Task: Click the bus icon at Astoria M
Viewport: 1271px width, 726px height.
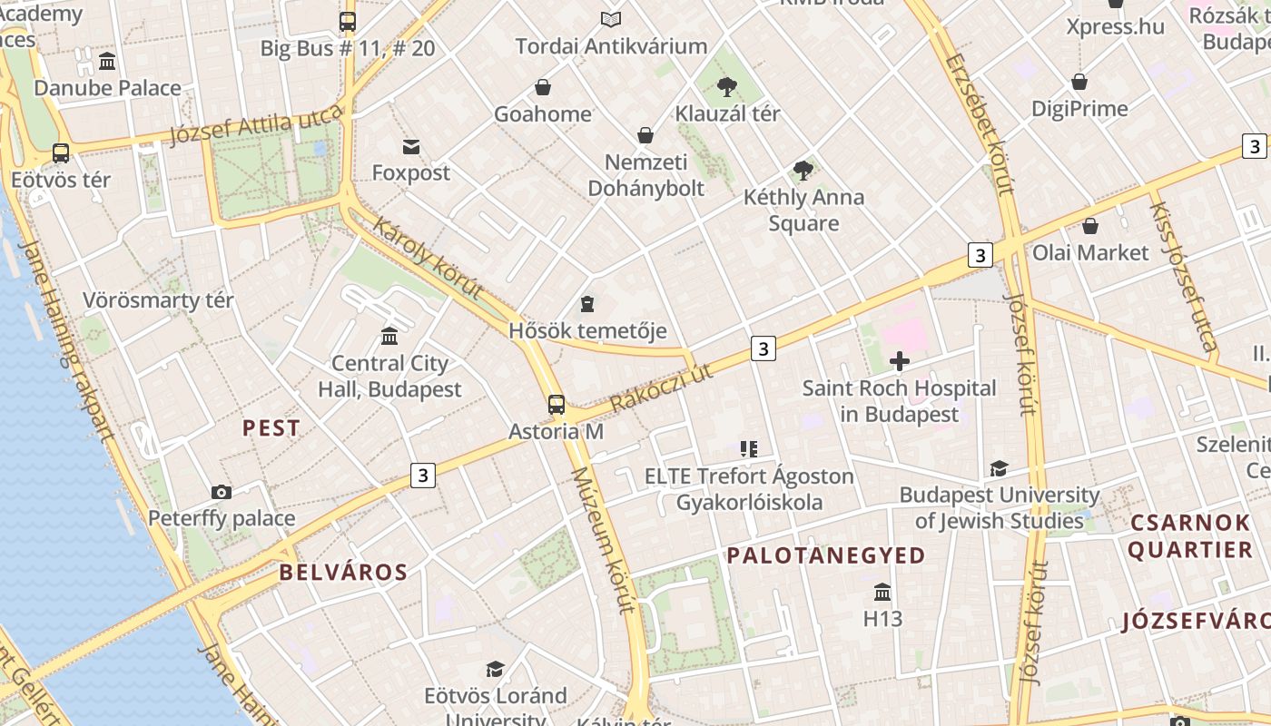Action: click(x=557, y=405)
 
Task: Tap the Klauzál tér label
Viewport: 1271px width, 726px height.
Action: click(x=727, y=113)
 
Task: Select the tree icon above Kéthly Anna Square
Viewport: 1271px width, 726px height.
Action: click(x=803, y=170)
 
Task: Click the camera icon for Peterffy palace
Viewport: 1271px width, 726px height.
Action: click(x=221, y=492)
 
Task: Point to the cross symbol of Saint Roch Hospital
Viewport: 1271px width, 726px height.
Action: click(x=900, y=361)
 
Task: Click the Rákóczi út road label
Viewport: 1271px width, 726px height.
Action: click(x=662, y=384)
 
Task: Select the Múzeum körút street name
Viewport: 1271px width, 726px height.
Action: click(x=603, y=540)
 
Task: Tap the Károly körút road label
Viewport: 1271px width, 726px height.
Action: click(x=427, y=259)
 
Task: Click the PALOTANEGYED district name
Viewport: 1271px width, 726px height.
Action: click(x=826, y=555)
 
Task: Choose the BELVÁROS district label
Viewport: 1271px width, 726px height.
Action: click(x=343, y=572)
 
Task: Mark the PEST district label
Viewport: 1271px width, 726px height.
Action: click(x=271, y=428)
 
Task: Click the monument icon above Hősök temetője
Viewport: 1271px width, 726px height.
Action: click(x=587, y=303)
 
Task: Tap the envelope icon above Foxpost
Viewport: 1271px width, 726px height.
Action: click(x=411, y=147)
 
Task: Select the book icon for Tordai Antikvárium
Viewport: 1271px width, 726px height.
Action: click(x=611, y=19)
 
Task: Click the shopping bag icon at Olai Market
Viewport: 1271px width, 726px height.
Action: click(x=1090, y=226)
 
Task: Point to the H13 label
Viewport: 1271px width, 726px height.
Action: click(x=882, y=619)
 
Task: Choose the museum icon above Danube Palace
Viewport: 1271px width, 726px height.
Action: click(x=107, y=62)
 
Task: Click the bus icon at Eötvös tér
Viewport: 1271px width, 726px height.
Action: click(x=61, y=153)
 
